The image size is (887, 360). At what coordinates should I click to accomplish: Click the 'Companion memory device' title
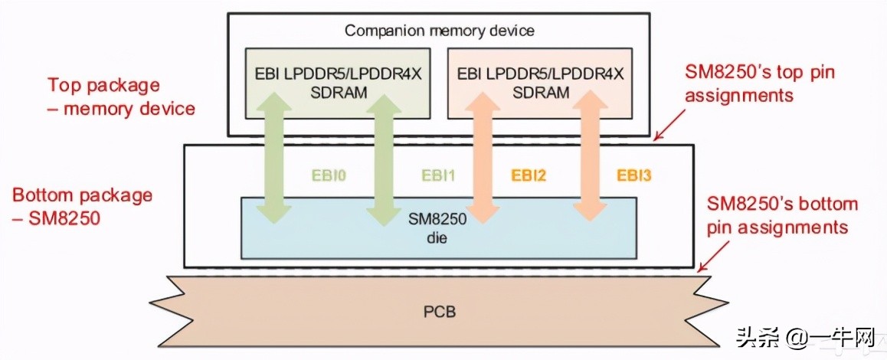(x=439, y=31)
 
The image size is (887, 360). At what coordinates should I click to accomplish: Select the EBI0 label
(x=330, y=175)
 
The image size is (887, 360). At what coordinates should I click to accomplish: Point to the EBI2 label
(x=529, y=175)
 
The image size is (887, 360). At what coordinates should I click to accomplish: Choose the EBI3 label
(x=633, y=175)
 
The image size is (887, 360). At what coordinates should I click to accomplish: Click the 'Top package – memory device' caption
(x=121, y=97)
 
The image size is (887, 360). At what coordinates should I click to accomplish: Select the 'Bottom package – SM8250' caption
(x=82, y=206)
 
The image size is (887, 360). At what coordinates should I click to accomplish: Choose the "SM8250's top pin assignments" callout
(x=759, y=84)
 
